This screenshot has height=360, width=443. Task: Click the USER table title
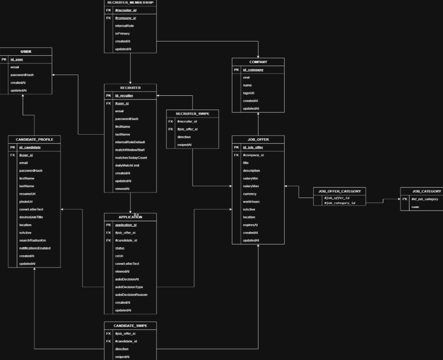tap(26, 51)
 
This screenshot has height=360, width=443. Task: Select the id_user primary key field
tap(17, 59)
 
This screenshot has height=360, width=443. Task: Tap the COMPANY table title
tap(258, 62)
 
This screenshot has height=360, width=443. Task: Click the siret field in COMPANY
tap(246, 78)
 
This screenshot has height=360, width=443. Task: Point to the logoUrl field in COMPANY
tap(248, 93)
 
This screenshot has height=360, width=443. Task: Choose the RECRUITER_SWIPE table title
tap(192, 114)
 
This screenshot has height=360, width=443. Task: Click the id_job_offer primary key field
tap(253, 147)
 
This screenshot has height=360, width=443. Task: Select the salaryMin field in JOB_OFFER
tap(251, 178)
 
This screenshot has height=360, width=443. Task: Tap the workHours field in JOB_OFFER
tap(251, 201)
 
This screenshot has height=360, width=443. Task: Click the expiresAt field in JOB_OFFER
tap(250, 225)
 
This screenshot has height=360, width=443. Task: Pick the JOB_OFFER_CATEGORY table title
tap(339, 191)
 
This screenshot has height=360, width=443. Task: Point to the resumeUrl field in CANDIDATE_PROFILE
tap(28, 194)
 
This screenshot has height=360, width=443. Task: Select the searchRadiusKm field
tap(33, 240)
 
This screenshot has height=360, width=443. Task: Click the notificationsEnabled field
tap(35, 248)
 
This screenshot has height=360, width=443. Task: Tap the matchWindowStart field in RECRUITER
tap(130, 150)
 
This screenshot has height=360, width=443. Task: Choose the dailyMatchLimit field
tap(127, 165)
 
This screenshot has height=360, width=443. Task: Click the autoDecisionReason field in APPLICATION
tap(131, 295)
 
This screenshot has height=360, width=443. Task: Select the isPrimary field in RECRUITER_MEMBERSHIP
tap(122, 34)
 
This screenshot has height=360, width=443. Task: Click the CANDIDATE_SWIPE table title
tap(130, 326)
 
